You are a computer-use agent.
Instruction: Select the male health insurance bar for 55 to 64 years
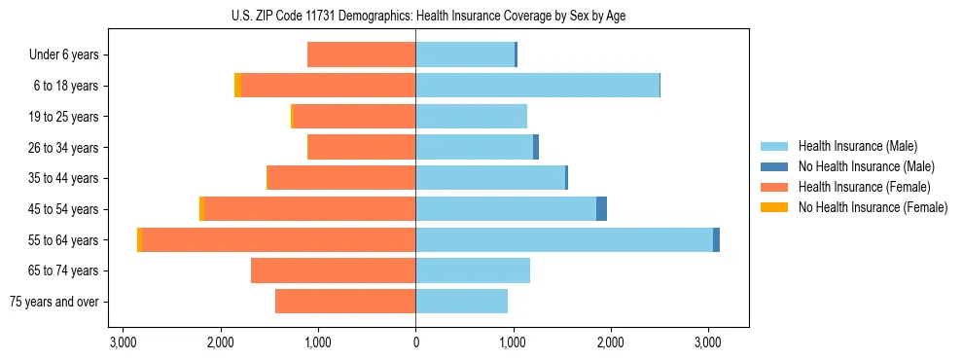click(x=564, y=240)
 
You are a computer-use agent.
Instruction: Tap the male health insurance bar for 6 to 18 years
click(x=537, y=86)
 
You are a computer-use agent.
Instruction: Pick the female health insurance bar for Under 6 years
click(x=361, y=54)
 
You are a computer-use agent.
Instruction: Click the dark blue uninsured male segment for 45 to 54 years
click(x=601, y=209)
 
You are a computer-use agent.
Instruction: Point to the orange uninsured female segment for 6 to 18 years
click(x=237, y=86)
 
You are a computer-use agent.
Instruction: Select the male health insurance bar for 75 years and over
click(x=461, y=302)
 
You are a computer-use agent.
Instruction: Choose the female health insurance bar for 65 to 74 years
click(x=333, y=270)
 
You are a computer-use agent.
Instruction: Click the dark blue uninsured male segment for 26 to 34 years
click(x=536, y=147)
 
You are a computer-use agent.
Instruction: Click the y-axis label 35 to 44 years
click(x=65, y=178)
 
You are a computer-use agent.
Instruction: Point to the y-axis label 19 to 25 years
click(x=65, y=117)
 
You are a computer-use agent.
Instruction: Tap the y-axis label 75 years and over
click(x=53, y=302)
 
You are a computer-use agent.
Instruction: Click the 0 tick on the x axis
click(x=415, y=342)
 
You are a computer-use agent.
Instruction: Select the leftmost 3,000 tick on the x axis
click(x=124, y=342)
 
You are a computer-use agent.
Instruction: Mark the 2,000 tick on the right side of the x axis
click(x=610, y=342)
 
